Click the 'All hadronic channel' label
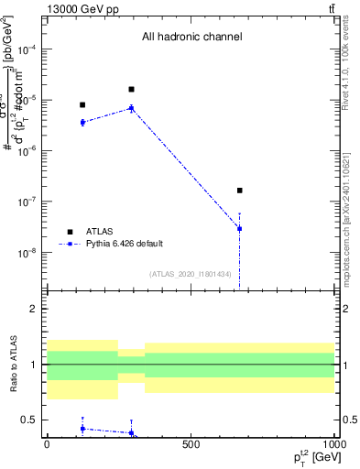tap(191, 37)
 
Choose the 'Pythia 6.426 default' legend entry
tap(123, 244)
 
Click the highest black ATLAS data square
tap(132, 89)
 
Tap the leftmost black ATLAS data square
tap(82, 104)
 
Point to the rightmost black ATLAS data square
tap(239, 191)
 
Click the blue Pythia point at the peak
tap(132, 108)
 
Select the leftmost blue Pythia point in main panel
tap(82, 122)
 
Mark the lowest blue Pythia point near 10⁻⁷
tap(239, 228)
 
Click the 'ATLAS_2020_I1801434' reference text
tap(190, 274)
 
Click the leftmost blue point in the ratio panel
tap(82, 428)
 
